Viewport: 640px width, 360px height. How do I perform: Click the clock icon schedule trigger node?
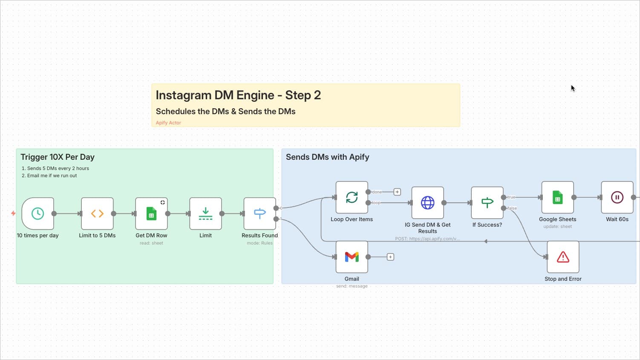[x=37, y=213]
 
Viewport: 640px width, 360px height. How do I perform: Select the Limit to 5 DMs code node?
[x=97, y=213]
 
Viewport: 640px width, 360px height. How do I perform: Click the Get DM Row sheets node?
[x=151, y=213]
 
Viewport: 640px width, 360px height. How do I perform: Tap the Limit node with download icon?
[x=205, y=213]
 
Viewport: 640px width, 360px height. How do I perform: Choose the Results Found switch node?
[x=259, y=213]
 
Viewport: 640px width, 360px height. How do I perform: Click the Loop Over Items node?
[x=352, y=197]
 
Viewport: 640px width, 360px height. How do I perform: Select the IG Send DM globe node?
[x=427, y=203]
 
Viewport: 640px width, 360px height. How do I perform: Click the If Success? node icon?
[x=487, y=203]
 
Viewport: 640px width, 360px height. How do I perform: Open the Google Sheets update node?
[x=557, y=197]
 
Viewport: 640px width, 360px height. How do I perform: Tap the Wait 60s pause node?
[x=617, y=197]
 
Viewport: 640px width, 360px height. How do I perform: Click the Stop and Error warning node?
[x=563, y=257]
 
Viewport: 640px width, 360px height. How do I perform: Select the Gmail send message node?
[x=352, y=257]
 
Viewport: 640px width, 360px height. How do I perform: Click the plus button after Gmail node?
[x=390, y=257]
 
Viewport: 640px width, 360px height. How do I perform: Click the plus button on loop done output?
[x=397, y=192]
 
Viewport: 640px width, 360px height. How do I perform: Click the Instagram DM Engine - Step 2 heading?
[x=238, y=95]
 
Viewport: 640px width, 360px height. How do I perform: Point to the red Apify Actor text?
[x=168, y=123]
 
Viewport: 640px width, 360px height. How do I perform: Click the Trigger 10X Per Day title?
[x=58, y=157]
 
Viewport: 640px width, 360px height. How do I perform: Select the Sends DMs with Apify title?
[x=327, y=157]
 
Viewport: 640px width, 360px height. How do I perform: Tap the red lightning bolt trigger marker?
[x=13, y=213]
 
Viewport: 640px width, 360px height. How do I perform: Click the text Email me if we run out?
[x=52, y=176]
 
